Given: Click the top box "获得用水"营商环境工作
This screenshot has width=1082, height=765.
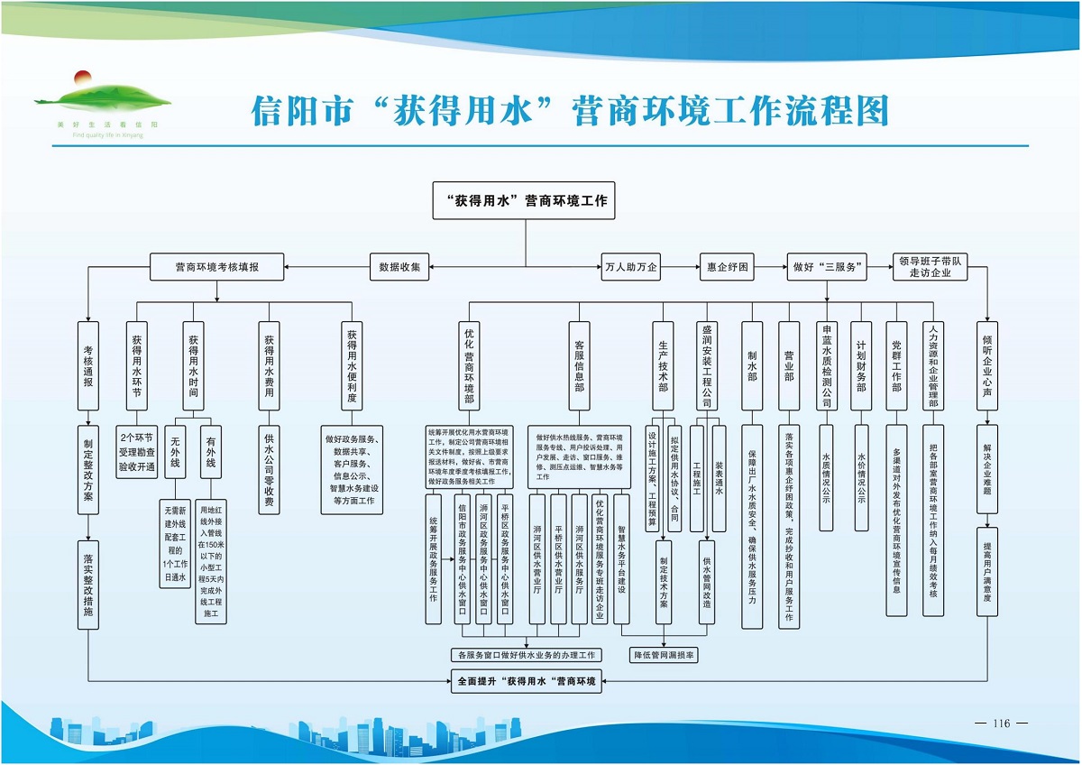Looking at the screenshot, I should (525, 200).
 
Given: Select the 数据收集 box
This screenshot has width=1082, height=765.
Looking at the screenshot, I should (399, 267).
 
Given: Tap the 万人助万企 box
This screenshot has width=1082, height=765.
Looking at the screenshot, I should (631, 267).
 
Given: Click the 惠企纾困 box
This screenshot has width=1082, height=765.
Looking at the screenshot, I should (728, 267).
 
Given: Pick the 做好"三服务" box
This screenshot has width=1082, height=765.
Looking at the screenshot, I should (827, 267).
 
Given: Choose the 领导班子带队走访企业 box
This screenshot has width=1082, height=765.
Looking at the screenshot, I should (930, 267).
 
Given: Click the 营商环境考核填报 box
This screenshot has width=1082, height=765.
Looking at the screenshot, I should (216, 267).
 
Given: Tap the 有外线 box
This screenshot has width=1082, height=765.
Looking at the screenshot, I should (211, 452).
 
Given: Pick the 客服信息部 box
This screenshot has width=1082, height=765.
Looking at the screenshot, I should (578, 366).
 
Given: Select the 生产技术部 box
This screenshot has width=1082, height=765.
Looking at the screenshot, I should (663, 366).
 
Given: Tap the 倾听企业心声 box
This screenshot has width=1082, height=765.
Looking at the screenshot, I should (987, 366).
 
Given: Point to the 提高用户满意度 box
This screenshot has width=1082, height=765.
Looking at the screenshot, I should (987, 572).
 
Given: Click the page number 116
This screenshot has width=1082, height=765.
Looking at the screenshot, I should (1001, 724).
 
